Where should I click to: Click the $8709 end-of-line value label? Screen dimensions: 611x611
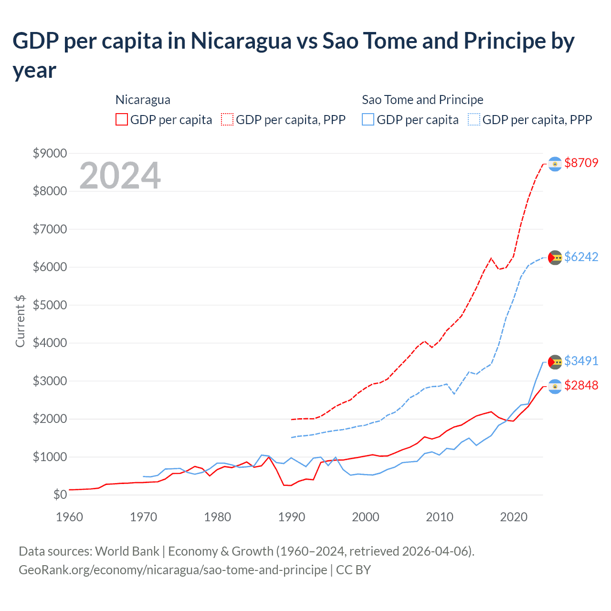(x=581, y=163)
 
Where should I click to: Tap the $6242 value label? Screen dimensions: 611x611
(x=581, y=257)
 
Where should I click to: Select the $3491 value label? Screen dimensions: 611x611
(x=581, y=361)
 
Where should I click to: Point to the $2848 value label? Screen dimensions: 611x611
(x=581, y=385)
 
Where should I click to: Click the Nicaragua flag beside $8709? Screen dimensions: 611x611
(x=555, y=164)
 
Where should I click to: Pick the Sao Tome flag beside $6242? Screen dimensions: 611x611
(x=555, y=257)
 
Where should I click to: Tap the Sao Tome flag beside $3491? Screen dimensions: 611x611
(x=555, y=362)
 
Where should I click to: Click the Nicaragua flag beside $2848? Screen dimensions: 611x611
(x=555, y=386)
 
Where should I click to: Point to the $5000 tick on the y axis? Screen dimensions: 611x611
(x=50, y=305)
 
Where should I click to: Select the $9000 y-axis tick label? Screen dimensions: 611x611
(x=50, y=153)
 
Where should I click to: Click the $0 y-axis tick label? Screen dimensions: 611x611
(x=60, y=495)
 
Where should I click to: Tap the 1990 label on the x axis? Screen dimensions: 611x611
(x=292, y=517)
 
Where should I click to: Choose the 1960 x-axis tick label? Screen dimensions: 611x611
(x=70, y=517)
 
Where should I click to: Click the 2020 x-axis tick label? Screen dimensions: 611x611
(x=514, y=517)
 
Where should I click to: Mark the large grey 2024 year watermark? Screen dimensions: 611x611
(x=120, y=176)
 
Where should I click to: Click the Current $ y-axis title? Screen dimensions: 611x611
(x=20, y=321)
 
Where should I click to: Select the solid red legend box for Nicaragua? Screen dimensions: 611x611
(x=122, y=119)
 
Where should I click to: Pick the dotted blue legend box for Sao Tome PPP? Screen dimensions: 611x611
(x=474, y=119)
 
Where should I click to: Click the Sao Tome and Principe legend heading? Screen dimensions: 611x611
(x=422, y=100)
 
